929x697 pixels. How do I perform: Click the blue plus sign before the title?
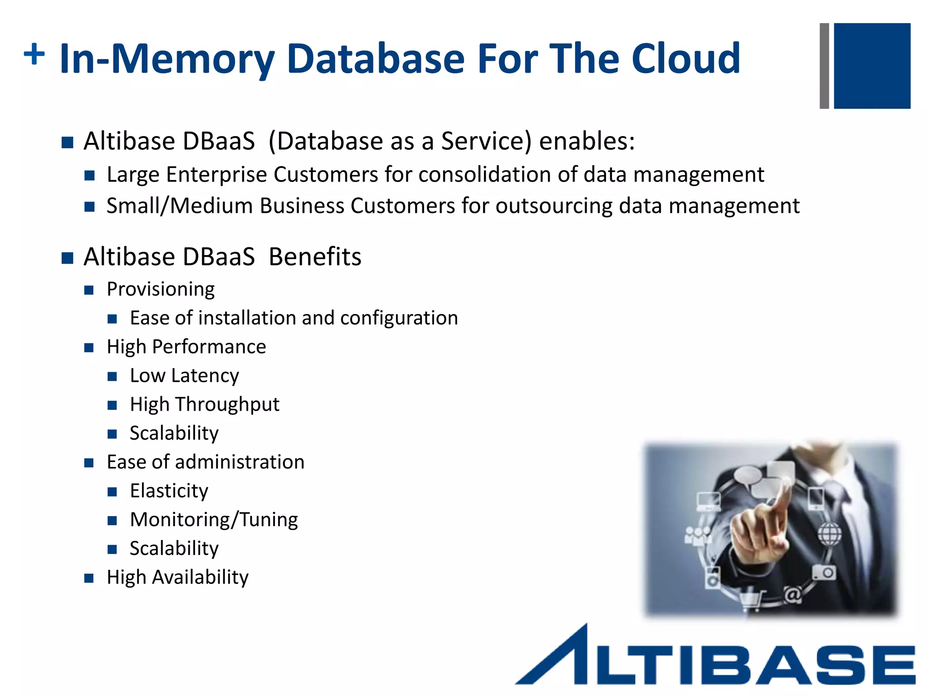(x=34, y=54)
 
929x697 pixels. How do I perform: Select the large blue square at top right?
(x=872, y=66)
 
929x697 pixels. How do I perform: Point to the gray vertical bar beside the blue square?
(x=824, y=66)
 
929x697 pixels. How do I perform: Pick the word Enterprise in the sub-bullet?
(x=216, y=175)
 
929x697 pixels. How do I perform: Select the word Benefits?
(x=315, y=257)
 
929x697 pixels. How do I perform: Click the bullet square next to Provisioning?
(x=89, y=290)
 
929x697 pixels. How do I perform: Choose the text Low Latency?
(x=184, y=376)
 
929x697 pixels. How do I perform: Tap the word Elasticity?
(x=169, y=491)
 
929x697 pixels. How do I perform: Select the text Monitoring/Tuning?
(x=214, y=520)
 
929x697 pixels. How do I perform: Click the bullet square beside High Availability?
(x=89, y=578)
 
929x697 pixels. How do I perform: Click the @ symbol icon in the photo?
(x=792, y=594)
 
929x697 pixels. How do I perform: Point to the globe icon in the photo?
(x=829, y=534)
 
